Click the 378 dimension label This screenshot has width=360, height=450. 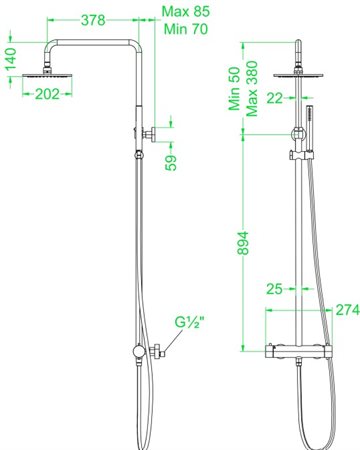(x=93, y=20)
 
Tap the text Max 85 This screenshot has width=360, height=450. (x=186, y=11)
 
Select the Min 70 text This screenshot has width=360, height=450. (x=186, y=29)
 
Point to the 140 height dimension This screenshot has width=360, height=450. (x=11, y=59)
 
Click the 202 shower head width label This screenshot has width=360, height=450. (x=47, y=94)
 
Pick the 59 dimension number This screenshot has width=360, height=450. (x=171, y=163)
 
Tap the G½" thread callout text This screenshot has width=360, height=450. (x=189, y=322)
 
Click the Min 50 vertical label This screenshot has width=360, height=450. (x=234, y=89)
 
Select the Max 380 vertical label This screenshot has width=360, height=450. (x=252, y=89)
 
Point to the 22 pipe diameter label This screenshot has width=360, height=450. (x=275, y=98)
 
